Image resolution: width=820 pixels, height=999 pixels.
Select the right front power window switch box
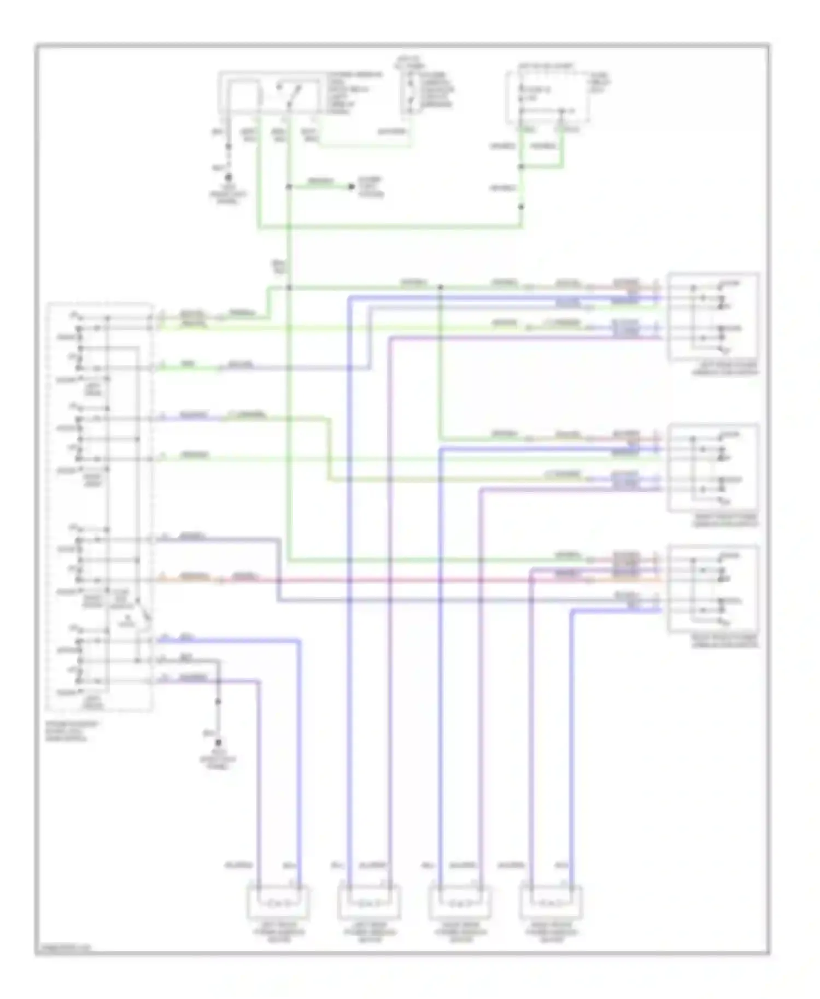click(x=713, y=467)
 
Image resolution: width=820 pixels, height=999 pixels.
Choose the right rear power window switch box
click(x=713, y=588)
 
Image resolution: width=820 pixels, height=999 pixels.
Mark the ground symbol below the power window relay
click(x=229, y=178)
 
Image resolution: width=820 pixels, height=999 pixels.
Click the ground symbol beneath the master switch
click(x=219, y=743)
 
